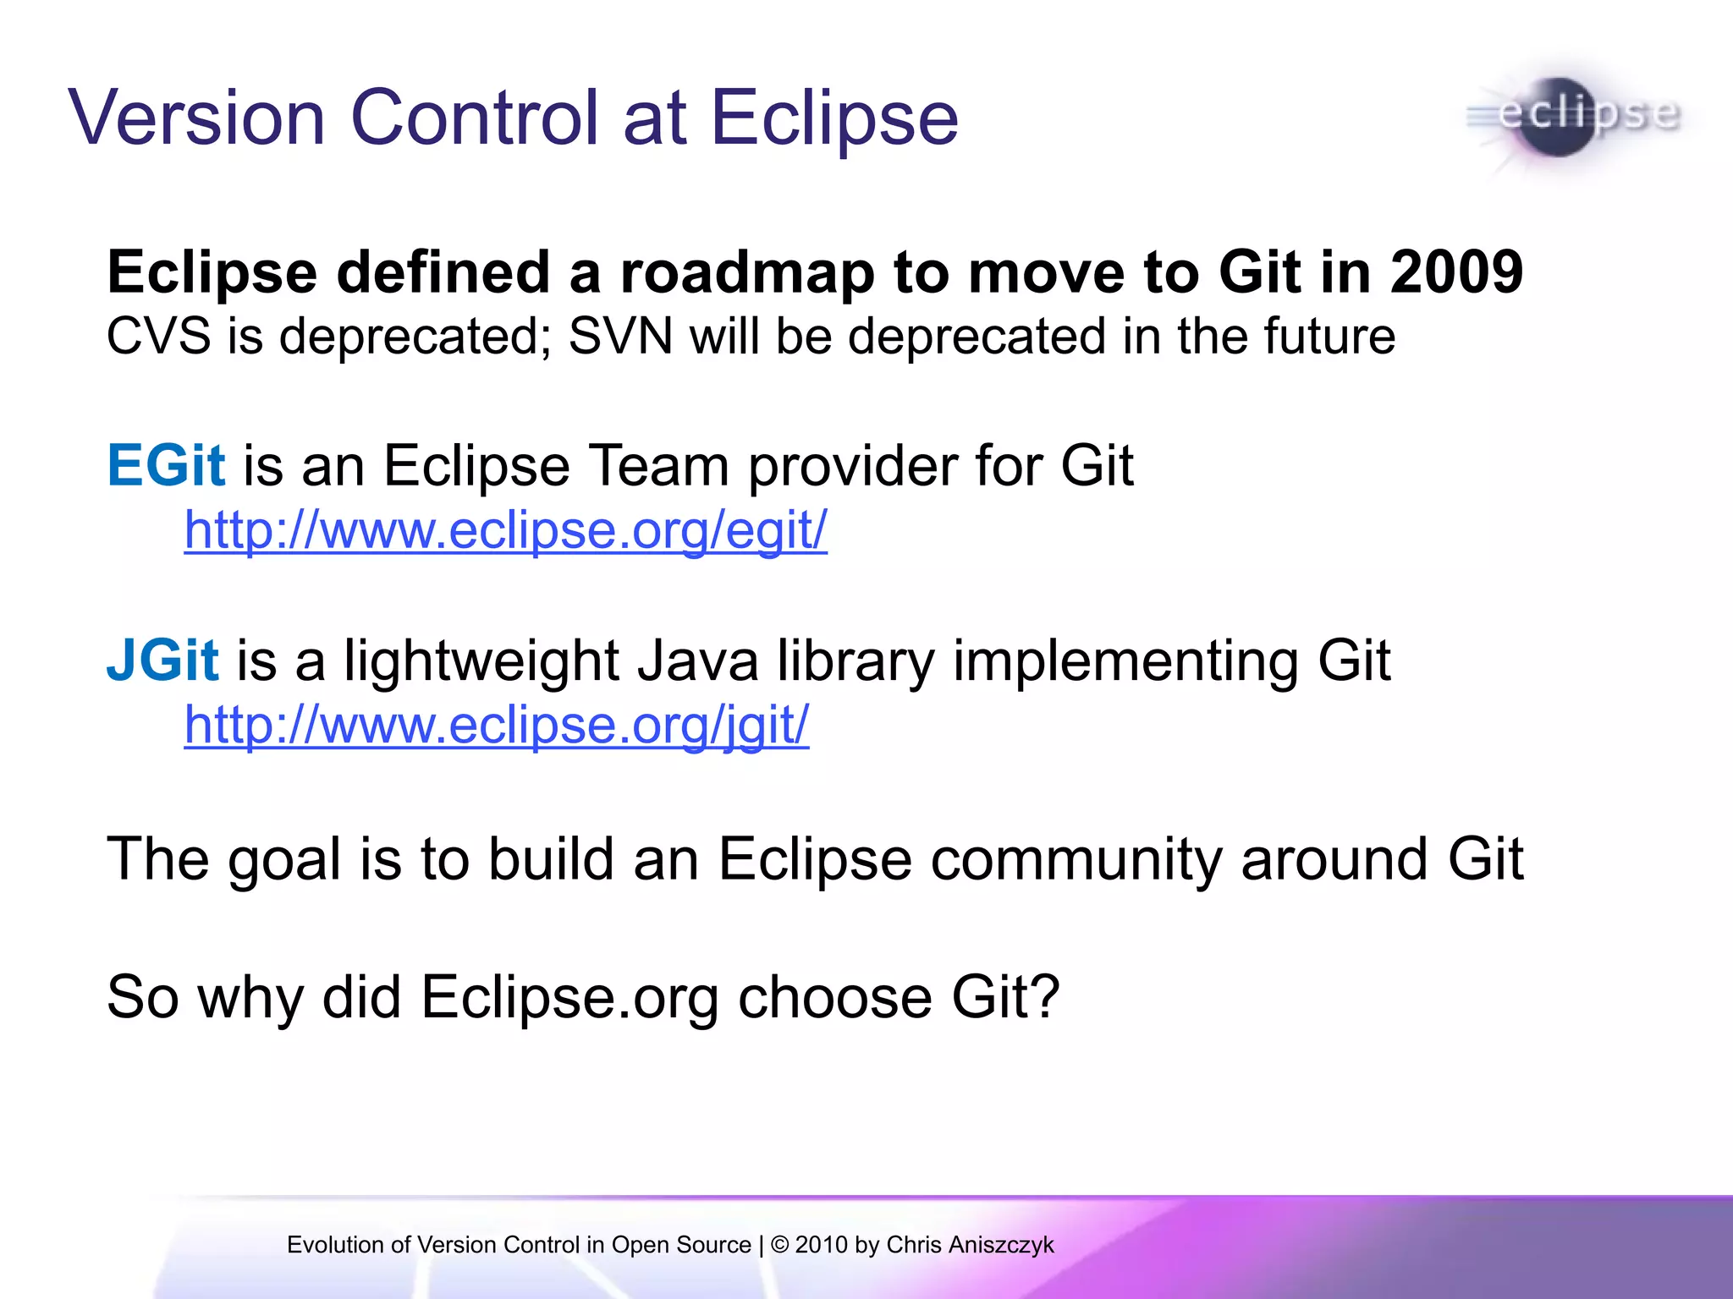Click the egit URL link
point(505,531)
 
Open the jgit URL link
point(496,725)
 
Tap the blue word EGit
point(166,465)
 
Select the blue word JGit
point(162,660)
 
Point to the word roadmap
point(747,272)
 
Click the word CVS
point(158,337)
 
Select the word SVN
point(620,337)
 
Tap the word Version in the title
point(196,118)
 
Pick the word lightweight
point(481,661)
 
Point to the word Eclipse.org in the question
point(569,998)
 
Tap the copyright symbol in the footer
point(779,1245)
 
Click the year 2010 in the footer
point(821,1245)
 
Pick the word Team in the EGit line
point(657,465)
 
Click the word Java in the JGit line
point(698,660)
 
